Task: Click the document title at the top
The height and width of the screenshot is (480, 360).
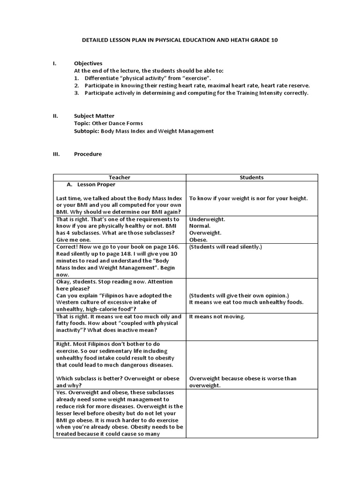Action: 180,40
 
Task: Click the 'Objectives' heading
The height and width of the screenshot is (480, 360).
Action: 88,63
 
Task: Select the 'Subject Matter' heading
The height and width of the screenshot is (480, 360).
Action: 94,116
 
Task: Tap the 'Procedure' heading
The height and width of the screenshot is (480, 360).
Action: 88,154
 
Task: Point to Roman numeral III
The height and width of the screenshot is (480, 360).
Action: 55,154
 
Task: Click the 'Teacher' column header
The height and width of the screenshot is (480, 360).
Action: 120,178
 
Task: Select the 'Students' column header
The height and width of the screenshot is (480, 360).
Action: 252,178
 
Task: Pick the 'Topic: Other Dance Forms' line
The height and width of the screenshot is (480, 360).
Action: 108,123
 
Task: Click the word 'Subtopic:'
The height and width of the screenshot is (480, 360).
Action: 87,131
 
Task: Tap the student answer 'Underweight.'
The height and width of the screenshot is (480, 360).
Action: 207,219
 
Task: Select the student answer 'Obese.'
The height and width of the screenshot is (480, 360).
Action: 199,239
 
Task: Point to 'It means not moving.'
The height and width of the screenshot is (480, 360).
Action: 217,316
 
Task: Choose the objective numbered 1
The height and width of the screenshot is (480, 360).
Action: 148,78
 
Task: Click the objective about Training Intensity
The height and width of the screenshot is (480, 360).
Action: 196,93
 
